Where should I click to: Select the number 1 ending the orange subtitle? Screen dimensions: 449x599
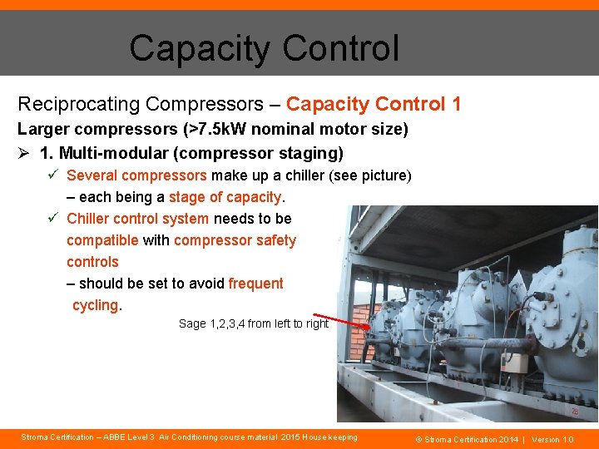coord(456,104)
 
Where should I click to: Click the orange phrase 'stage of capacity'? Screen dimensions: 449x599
coord(225,197)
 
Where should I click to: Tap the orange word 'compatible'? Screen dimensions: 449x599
coord(102,240)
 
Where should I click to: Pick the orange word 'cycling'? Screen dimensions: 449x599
coord(95,305)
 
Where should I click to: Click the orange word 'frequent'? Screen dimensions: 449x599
coord(255,284)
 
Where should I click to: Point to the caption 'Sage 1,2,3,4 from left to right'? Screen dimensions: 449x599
coord(254,323)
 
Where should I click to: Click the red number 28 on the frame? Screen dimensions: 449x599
coord(574,411)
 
